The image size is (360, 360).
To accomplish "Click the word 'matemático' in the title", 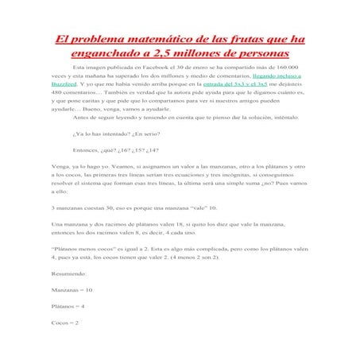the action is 152,39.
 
